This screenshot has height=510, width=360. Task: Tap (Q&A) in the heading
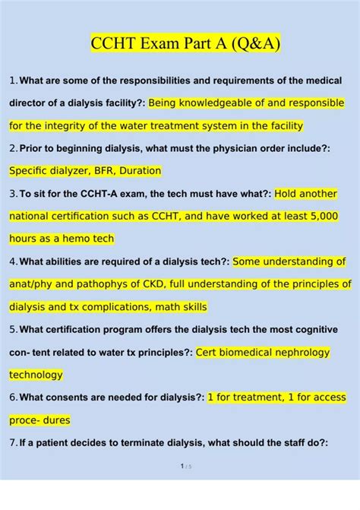pyautogui.click(x=254, y=43)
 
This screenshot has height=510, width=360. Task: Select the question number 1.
pyautogui.click(x=11, y=81)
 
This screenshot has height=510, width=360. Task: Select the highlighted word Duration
pyautogui.click(x=137, y=171)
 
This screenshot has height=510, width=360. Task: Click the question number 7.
pyautogui.click(x=12, y=442)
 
